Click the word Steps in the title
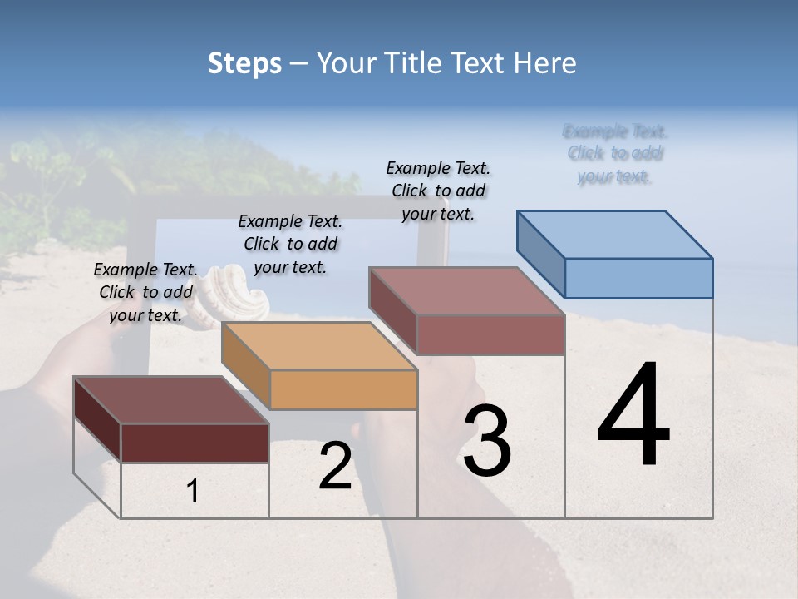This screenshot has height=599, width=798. click(x=244, y=63)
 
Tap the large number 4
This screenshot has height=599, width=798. click(x=633, y=416)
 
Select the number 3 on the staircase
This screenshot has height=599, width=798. click(x=487, y=441)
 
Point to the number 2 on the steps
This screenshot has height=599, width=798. click(x=335, y=466)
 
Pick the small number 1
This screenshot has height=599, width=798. click(x=193, y=492)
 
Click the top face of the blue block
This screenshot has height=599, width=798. click(x=615, y=234)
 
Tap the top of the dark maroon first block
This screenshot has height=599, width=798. click(x=170, y=400)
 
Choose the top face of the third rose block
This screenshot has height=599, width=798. click(x=466, y=290)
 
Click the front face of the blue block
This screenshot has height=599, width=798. click(x=638, y=278)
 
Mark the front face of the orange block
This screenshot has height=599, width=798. click(x=343, y=389)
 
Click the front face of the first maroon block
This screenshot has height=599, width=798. click(x=195, y=443)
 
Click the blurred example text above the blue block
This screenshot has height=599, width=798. click(x=614, y=154)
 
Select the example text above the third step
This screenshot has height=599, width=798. click(x=438, y=191)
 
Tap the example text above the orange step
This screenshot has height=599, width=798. click(x=290, y=244)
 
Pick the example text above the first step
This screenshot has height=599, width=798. click(x=145, y=292)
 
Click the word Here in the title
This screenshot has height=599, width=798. click(x=545, y=63)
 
